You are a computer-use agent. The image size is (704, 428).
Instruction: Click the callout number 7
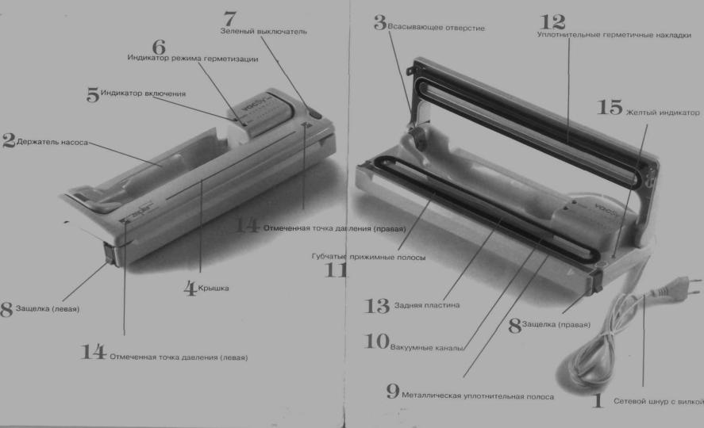click(229, 19)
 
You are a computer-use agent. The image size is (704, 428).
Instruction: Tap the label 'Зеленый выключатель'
click(264, 32)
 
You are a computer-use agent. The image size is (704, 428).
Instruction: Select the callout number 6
click(159, 47)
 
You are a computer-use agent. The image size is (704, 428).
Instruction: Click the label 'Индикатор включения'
click(143, 94)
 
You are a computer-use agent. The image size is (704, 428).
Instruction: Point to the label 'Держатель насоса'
click(52, 142)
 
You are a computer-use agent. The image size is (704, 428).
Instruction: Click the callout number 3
click(380, 22)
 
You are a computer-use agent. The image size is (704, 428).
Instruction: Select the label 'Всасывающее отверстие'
click(436, 28)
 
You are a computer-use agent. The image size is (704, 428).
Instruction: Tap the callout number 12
click(552, 22)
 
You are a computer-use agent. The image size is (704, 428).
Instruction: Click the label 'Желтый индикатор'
click(663, 113)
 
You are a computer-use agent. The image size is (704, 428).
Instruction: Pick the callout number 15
click(610, 108)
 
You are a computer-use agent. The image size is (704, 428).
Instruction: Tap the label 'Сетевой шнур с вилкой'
click(659, 401)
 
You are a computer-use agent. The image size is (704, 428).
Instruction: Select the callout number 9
click(393, 392)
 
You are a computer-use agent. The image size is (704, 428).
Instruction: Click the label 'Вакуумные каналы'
click(426, 347)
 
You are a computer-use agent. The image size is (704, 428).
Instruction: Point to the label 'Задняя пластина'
click(426, 305)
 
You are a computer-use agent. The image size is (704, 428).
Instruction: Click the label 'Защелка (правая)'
click(556, 324)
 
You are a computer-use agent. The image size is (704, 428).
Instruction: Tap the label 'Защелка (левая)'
click(48, 309)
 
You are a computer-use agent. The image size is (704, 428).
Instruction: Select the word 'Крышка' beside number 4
click(214, 289)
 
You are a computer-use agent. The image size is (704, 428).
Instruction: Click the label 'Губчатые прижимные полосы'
click(368, 258)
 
